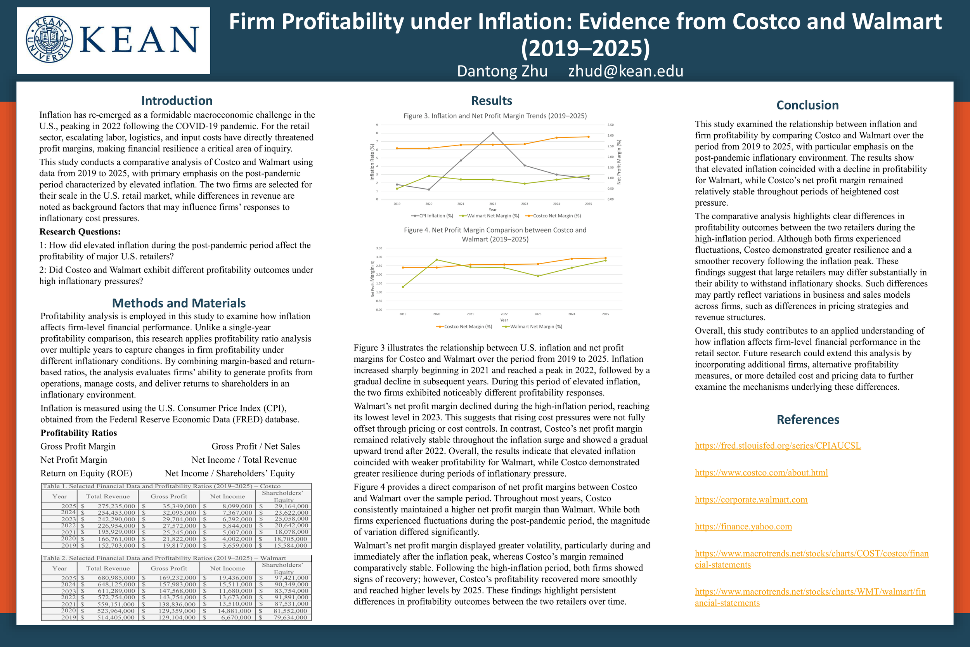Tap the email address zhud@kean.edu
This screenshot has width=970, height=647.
[625, 71]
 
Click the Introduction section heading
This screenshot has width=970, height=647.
[177, 101]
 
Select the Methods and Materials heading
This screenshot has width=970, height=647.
[178, 303]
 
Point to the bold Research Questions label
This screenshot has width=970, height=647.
[80, 231]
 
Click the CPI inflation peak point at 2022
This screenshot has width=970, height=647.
[492, 133]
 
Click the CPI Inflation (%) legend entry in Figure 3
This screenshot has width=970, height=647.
[432, 216]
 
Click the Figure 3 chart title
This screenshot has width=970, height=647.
[495, 116]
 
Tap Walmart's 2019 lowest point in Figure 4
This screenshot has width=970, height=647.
[403, 287]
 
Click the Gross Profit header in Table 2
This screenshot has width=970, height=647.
[169, 568]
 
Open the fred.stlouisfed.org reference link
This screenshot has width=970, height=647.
[778, 446]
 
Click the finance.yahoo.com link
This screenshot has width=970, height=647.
[743, 527]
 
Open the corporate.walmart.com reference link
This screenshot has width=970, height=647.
[751, 500]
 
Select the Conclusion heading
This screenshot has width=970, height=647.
[807, 105]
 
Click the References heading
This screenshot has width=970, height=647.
[807, 420]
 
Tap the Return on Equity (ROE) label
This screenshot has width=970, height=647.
[86, 473]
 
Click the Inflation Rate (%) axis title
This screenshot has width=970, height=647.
[372, 162]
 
